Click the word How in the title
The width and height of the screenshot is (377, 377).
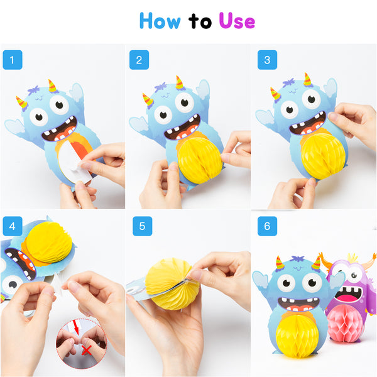point(160,21)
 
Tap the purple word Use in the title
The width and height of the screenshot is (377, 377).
point(237,21)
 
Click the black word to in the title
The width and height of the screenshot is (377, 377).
point(200,21)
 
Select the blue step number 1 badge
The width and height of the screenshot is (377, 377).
point(13,60)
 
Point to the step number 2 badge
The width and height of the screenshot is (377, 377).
point(139,60)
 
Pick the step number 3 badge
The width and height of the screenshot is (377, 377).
point(267,60)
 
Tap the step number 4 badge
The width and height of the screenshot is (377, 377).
point(13,226)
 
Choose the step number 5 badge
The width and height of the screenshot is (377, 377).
point(143,226)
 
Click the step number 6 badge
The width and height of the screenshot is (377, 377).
point(267,226)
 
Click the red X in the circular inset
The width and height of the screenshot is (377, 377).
point(86,351)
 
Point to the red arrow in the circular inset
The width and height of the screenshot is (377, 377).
point(76,327)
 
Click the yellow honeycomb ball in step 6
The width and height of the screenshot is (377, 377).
point(297,336)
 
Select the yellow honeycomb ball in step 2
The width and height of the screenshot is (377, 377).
point(200,160)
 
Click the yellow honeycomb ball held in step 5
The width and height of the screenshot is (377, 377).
point(172,284)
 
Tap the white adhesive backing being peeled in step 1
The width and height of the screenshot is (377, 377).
point(74,161)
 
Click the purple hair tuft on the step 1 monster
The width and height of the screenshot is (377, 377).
point(34,90)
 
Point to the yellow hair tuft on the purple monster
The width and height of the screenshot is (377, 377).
point(353,258)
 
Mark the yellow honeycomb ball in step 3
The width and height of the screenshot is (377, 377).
point(323,155)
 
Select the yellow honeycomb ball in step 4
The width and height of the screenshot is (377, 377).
point(48,242)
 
